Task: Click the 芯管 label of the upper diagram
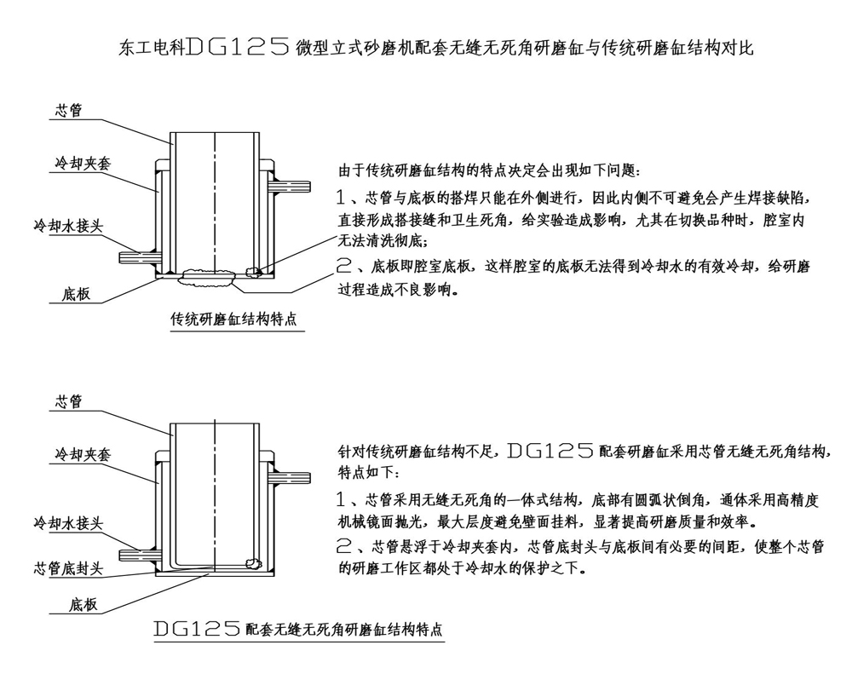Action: tap(68, 109)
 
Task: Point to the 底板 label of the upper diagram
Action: tap(76, 294)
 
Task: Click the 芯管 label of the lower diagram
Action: tap(68, 402)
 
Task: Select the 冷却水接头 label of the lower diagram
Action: tap(68, 520)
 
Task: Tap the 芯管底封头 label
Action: tap(68, 567)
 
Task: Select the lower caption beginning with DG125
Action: tap(297, 631)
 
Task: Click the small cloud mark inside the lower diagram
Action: tap(253, 562)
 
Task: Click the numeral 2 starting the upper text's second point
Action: tap(344, 266)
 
